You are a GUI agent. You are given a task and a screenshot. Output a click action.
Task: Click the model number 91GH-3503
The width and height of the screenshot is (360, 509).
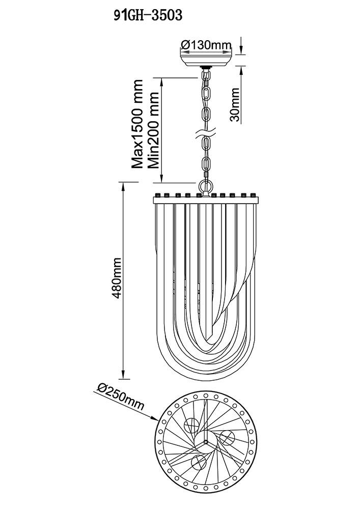[148, 16]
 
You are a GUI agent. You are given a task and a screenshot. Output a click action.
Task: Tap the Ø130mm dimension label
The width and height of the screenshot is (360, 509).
[206, 45]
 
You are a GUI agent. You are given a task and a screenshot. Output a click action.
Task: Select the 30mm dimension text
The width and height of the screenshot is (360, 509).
[235, 104]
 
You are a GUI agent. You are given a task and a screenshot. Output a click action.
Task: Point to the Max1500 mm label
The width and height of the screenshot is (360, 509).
[137, 124]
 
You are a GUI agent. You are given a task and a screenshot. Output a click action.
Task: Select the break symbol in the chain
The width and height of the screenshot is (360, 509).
[206, 136]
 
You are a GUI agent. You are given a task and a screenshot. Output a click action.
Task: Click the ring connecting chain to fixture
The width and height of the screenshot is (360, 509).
[206, 186]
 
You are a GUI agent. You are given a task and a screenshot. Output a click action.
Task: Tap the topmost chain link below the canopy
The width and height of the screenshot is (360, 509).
[206, 77]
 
